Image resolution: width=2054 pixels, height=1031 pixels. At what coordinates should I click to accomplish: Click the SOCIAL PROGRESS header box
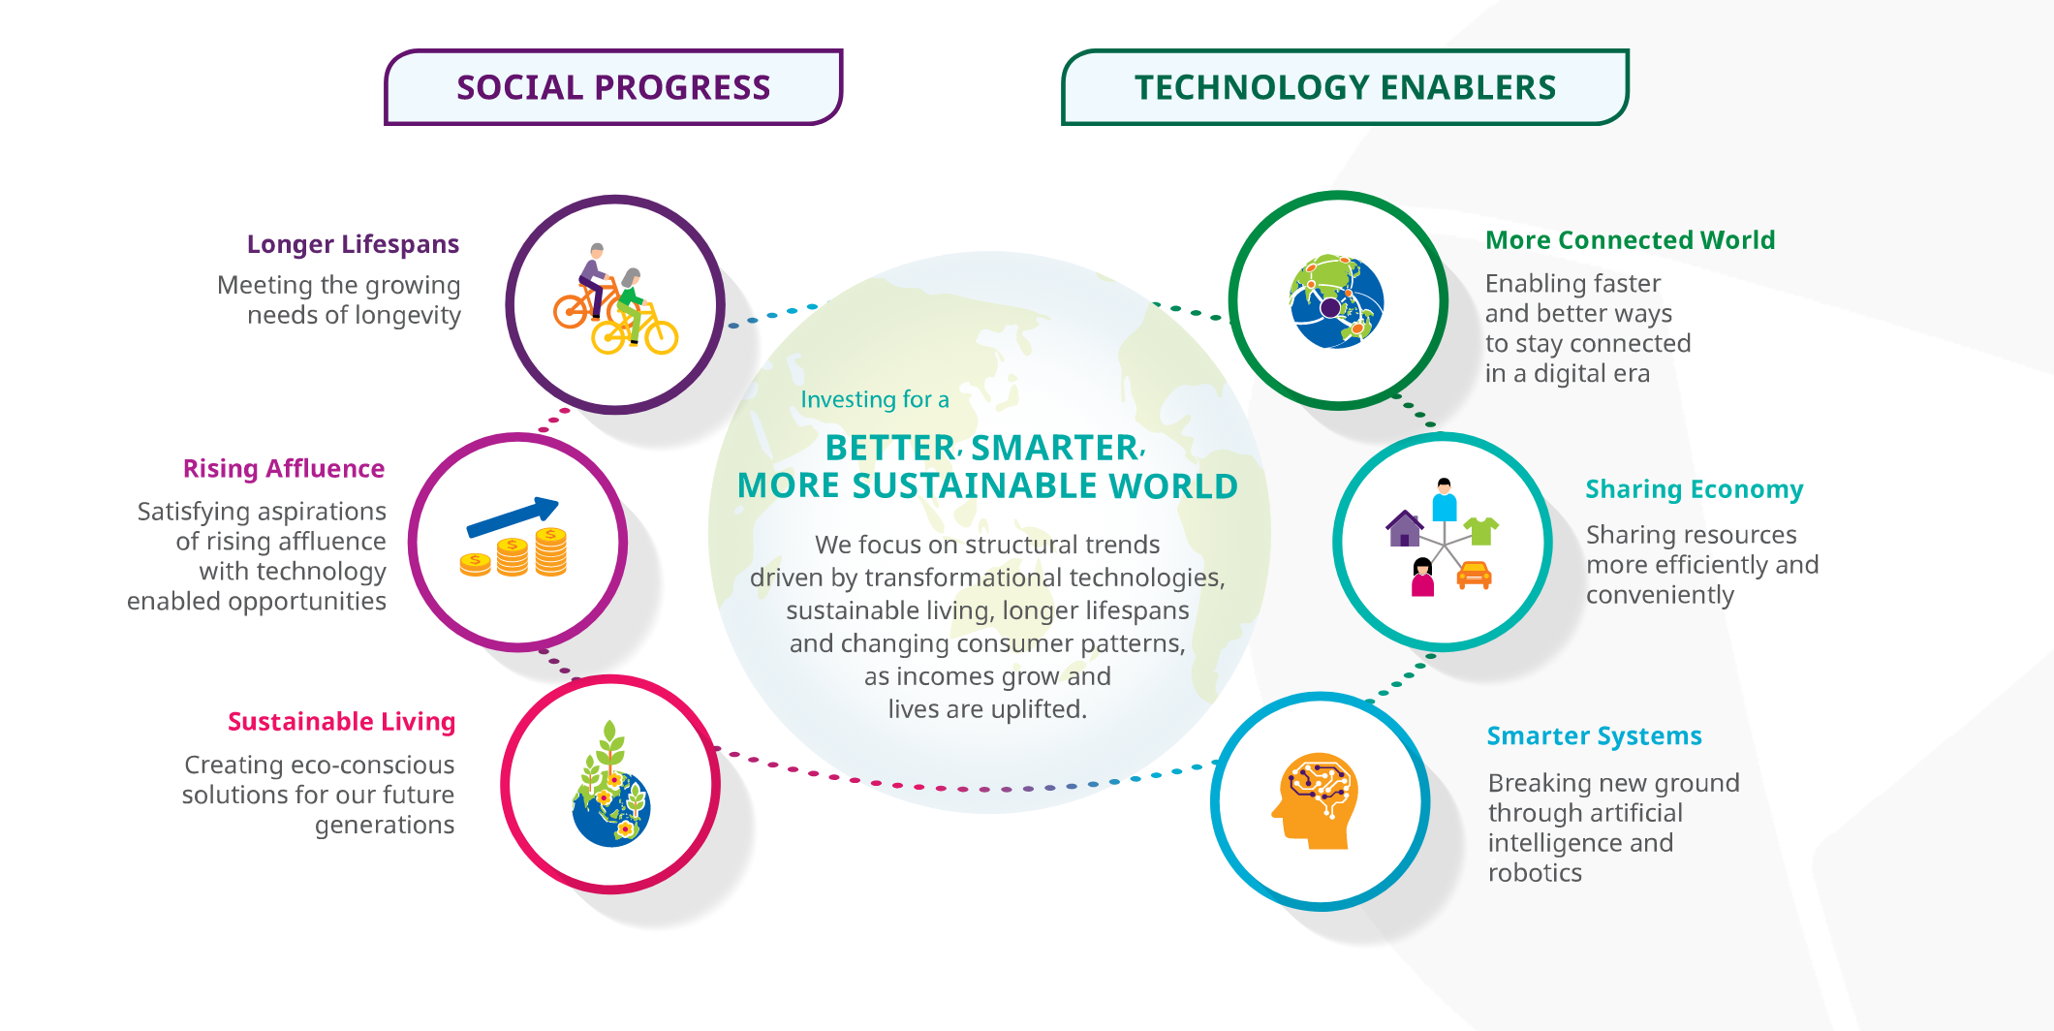click(613, 87)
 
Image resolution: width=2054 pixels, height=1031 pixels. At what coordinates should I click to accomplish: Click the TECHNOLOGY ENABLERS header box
click(1345, 87)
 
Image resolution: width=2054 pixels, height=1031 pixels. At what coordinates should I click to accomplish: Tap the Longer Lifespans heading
click(353, 244)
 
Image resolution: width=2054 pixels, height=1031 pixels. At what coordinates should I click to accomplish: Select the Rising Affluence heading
click(284, 469)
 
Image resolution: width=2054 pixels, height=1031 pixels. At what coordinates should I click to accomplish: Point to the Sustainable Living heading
click(341, 722)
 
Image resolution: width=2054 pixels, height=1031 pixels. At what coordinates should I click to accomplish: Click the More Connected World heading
click(1631, 240)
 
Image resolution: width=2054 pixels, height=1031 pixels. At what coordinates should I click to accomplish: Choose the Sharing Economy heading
click(1695, 489)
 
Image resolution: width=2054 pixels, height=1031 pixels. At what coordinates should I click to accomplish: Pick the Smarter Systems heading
click(1595, 736)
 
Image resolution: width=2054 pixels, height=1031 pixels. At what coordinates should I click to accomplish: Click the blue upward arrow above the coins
click(513, 516)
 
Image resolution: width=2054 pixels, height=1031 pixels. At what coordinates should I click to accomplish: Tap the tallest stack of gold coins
click(550, 551)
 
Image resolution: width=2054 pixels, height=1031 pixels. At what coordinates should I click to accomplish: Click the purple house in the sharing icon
click(1404, 529)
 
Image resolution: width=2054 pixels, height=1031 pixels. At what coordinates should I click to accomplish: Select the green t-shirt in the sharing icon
click(1481, 530)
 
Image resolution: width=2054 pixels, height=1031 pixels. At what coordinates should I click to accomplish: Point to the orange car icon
click(1474, 575)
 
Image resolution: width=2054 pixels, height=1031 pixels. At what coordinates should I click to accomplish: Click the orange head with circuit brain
click(1316, 801)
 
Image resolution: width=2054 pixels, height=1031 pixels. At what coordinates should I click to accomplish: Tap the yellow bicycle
click(636, 330)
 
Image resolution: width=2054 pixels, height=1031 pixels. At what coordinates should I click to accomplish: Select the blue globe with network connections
click(1337, 301)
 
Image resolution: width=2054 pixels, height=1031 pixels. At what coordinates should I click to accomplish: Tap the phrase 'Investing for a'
click(875, 399)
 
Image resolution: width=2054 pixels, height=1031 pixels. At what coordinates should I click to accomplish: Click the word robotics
click(1535, 873)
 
